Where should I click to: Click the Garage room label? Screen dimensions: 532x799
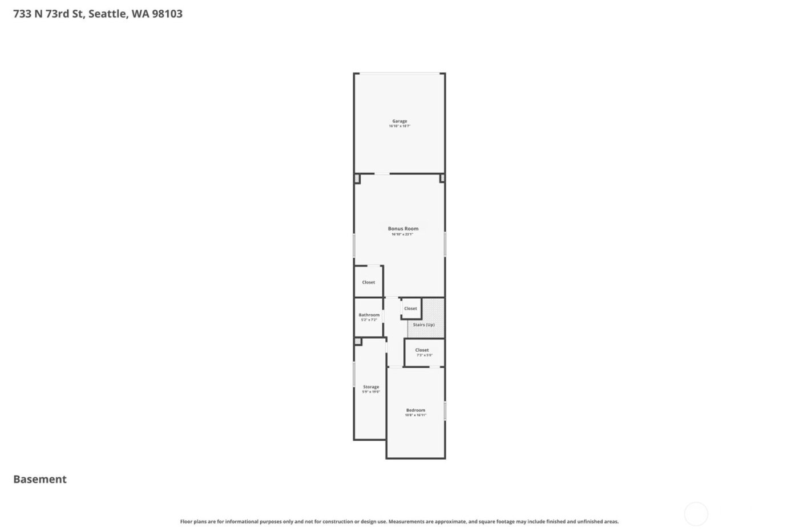[x=399, y=121]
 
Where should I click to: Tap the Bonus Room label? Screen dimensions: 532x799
[x=403, y=229]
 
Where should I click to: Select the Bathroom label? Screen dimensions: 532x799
[x=369, y=315]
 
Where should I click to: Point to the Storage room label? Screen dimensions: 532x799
[x=371, y=387]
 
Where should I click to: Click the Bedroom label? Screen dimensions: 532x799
[x=415, y=410]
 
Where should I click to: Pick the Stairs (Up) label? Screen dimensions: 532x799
[x=423, y=324]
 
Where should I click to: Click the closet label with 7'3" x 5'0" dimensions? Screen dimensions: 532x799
[x=422, y=350]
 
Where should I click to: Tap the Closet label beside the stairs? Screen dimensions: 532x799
[x=410, y=308]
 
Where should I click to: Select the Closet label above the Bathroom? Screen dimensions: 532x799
[x=369, y=282]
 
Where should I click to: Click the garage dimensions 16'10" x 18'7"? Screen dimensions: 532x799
[x=399, y=126]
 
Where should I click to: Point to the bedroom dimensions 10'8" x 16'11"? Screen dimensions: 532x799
[x=415, y=415]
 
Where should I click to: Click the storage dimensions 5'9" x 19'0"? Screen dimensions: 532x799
[x=371, y=392]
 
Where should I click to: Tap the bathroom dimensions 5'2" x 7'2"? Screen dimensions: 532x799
[x=369, y=320]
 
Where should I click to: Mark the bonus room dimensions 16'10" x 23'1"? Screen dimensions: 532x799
[x=402, y=234]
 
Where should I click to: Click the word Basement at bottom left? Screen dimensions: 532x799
[x=40, y=480]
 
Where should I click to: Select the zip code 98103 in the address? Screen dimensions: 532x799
[x=167, y=14]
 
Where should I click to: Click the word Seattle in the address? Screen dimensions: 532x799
[x=107, y=14]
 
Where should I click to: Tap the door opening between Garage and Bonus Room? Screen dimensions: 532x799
[x=382, y=174]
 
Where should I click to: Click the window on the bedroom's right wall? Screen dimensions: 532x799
[x=445, y=411]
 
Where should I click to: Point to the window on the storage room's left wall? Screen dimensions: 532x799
[x=354, y=375]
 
